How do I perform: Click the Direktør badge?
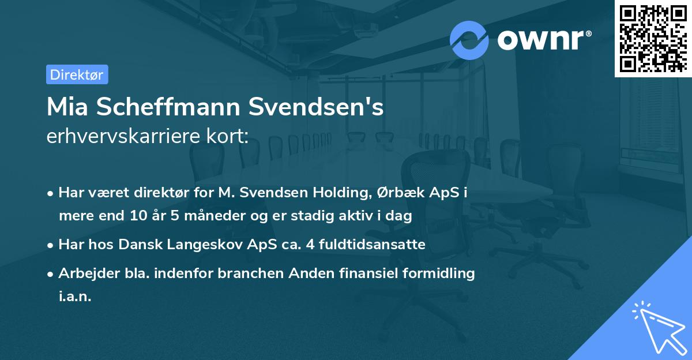[77, 74]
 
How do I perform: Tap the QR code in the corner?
[652, 38]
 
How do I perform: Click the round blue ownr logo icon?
[469, 40]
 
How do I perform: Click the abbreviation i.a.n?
[75, 296]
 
